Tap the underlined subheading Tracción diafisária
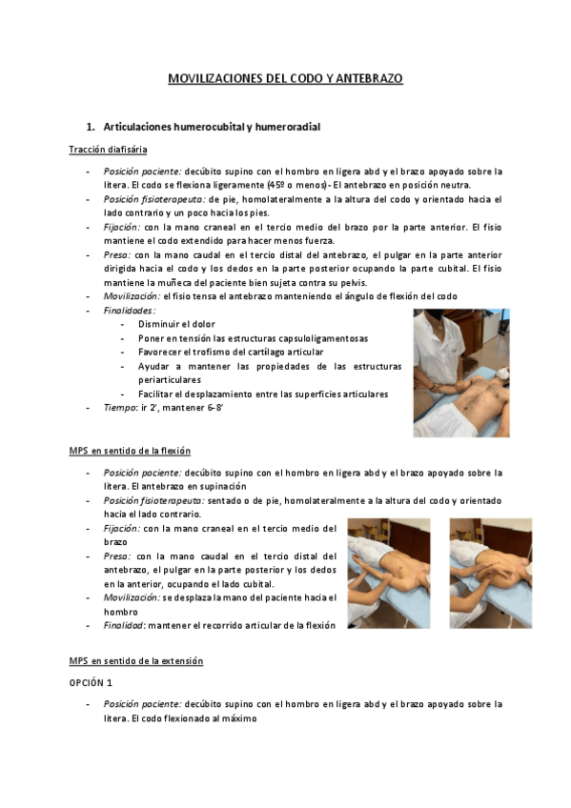(107, 150)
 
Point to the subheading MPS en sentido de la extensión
(135, 660)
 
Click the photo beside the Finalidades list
(460, 373)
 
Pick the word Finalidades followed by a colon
(129, 310)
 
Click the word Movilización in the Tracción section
(132, 296)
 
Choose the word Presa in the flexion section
(117, 556)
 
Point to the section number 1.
(90, 126)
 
